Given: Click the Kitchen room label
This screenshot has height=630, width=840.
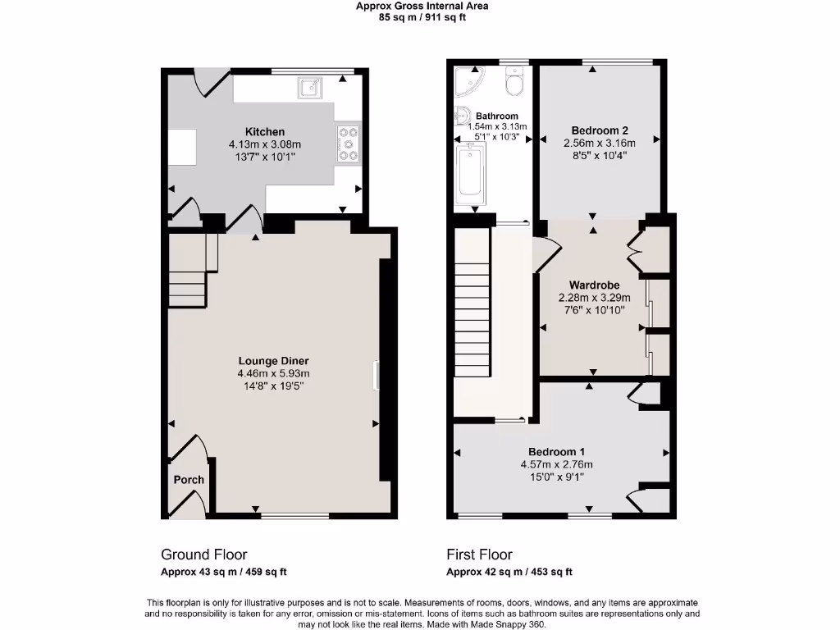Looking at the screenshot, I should click(x=265, y=132).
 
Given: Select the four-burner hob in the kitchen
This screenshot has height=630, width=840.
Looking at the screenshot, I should click(x=348, y=143).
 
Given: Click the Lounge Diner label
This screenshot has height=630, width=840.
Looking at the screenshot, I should click(x=273, y=361).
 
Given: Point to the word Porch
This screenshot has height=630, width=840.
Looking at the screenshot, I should click(x=189, y=480).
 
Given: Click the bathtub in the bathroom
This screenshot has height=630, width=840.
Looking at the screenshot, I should click(x=470, y=172).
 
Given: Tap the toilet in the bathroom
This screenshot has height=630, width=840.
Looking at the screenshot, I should click(x=514, y=82).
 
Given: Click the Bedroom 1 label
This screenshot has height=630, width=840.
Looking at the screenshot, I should click(x=556, y=452).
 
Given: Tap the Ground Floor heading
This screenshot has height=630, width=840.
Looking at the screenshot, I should click(x=203, y=555).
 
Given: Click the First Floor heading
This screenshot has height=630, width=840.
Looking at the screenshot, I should click(x=479, y=555).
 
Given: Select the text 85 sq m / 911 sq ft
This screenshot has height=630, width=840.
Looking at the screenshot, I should click(x=422, y=17).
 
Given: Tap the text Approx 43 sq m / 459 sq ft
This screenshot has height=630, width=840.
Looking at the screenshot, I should click(x=223, y=573).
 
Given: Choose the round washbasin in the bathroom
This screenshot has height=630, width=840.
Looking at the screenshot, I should click(x=462, y=116).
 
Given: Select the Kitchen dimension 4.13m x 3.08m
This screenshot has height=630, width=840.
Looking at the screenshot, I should click(x=265, y=144).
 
